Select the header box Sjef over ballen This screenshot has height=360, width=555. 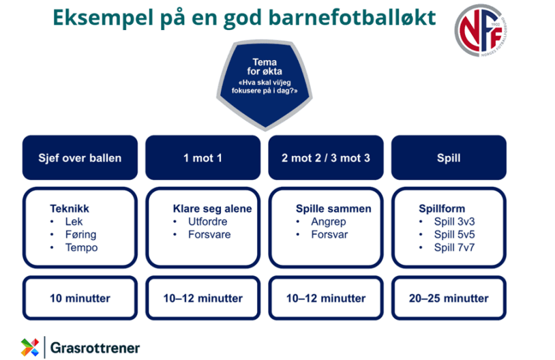80,158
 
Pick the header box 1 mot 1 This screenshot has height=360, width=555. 202,158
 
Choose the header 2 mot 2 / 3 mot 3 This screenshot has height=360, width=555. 325,158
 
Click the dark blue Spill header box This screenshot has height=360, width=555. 448,158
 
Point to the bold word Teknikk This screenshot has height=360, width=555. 70,209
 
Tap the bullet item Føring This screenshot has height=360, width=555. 80,235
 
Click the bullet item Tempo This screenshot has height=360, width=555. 81,247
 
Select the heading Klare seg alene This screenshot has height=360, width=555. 212,209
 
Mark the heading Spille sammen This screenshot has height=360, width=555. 333,209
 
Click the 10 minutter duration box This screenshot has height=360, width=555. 80,299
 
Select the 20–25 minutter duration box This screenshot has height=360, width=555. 448,299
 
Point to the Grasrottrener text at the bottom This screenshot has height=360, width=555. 95,348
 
